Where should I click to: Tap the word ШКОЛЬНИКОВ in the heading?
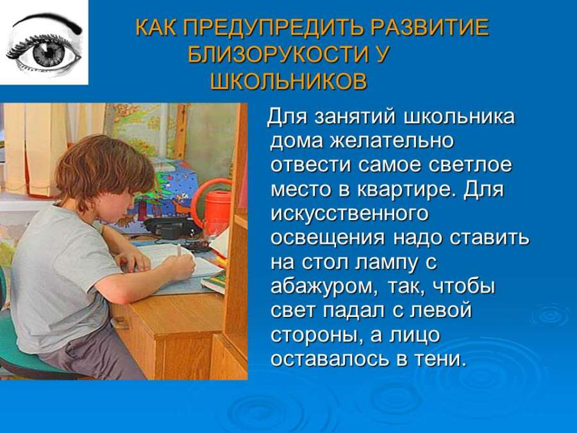click(x=288, y=81)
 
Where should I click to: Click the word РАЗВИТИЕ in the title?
click(x=429, y=28)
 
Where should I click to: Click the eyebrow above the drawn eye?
click(x=47, y=22)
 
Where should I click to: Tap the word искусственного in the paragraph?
click(x=349, y=214)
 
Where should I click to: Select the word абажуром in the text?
click(x=324, y=287)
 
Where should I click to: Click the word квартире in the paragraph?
click(x=404, y=190)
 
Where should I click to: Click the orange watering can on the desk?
click(x=212, y=207)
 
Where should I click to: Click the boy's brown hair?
click(x=105, y=170)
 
